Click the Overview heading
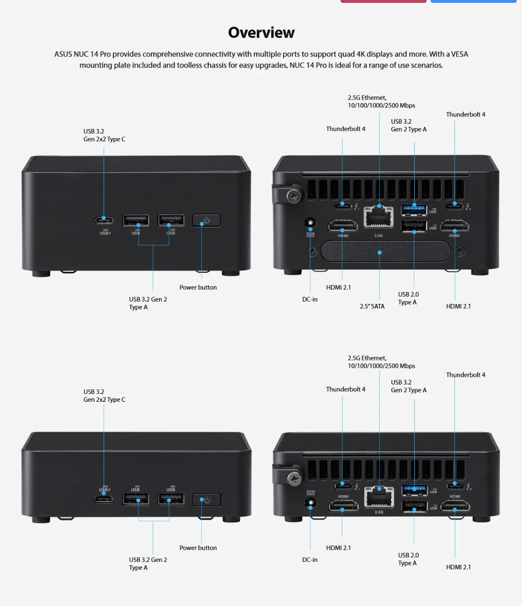[261, 33]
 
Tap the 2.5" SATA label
[372, 306]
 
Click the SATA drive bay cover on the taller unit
[386, 252]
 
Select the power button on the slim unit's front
[206, 500]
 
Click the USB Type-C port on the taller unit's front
[104, 220]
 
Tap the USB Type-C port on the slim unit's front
[104, 499]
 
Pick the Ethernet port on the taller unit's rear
[378, 216]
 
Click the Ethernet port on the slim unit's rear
[379, 497]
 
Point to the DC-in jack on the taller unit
[310, 223]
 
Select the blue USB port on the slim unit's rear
[414, 490]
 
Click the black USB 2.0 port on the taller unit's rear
[414, 226]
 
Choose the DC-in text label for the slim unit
[309, 559]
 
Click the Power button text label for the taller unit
[198, 287]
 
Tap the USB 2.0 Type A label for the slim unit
[408, 559]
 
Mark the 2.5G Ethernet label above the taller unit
[381, 102]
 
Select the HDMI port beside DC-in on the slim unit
[343, 505]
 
